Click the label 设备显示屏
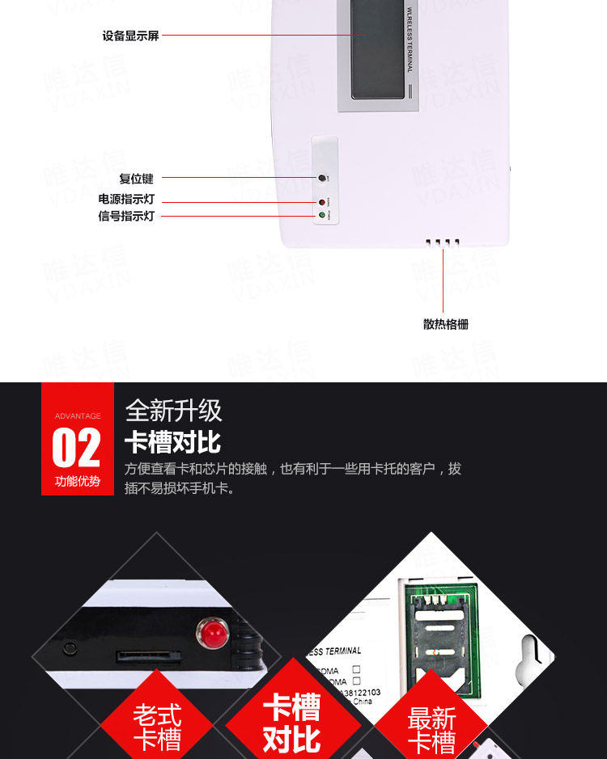tap(130, 36)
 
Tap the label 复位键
tap(136, 179)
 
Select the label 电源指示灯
tap(126, 199)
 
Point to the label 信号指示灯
tap(126, 216)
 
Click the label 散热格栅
tap(445, 324)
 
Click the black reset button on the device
tap(321, 178)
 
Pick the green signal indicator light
tap(321, 216)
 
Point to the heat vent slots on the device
tap(443, 242)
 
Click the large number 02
tap(76, 449)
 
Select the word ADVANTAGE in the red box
tap(78, 416)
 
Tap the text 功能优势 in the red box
tap(78, 482)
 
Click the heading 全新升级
tap(173, 411)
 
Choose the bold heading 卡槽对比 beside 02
tap(172, 443)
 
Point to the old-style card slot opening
tap(143, 655)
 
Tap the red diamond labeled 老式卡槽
tap(158, 725)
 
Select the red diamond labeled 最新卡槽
tap(431, 727)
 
